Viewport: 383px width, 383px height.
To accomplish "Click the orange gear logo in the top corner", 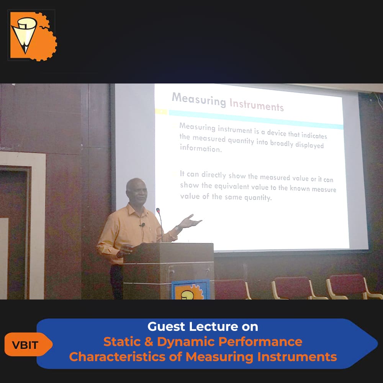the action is coord(33,36).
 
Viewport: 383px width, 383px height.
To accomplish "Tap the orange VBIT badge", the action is coord(27,344).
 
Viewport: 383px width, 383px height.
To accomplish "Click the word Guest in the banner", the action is coord(166,327).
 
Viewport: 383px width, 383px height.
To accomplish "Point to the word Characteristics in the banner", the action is coord(117,357).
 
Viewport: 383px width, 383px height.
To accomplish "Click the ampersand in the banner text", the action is coord(149,342).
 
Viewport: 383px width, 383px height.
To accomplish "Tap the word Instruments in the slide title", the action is coord(257,105).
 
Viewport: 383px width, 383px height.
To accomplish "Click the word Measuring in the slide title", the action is coord(199,99).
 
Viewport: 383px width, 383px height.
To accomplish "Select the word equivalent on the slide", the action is coord(231,186).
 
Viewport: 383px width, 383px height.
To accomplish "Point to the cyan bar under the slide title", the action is coord(256,119).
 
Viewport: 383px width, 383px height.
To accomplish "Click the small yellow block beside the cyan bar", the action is coord(161,111).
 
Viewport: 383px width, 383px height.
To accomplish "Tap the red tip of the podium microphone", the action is coord(158,210).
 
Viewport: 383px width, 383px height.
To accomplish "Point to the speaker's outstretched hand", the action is coord(190,221).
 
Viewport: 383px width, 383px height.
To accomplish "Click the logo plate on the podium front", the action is coord(191,290).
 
